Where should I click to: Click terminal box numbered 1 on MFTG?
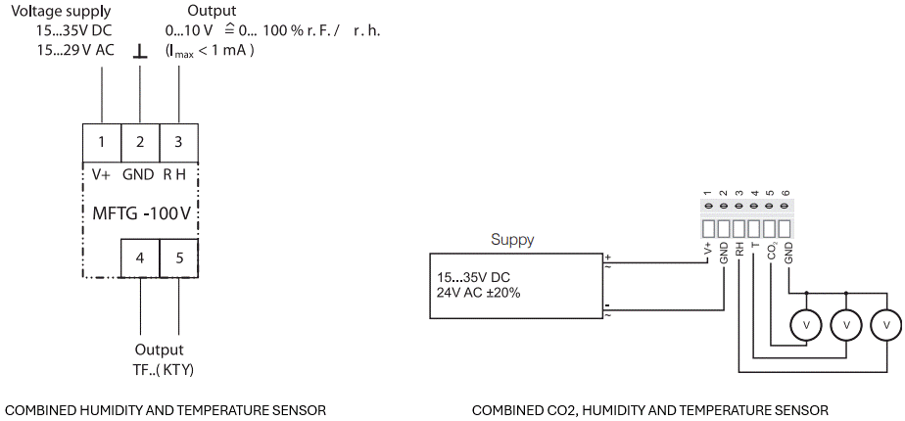point(101,142)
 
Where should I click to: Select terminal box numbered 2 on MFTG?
point(140,142)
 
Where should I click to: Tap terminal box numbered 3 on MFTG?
point(178,142)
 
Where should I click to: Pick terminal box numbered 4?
point(140,258)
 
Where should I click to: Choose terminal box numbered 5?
point(178,258)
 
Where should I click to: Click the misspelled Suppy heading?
point(513,240)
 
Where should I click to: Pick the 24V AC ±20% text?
point(479,292)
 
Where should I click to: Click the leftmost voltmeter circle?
point(806,324)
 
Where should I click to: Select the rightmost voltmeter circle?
point(885,324)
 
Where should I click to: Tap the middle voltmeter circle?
point(845,324)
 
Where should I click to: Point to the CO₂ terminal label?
point(772,253)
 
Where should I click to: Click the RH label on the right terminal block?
point(739,250)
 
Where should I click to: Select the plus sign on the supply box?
point(607,257)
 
